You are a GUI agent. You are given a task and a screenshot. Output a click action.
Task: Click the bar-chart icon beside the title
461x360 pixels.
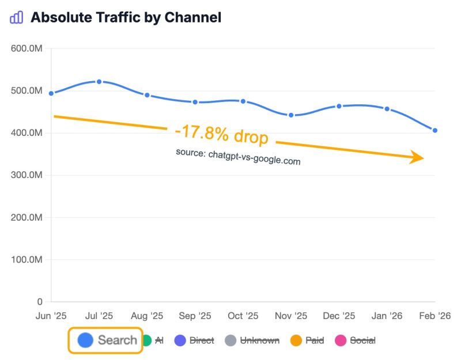pos(17,17)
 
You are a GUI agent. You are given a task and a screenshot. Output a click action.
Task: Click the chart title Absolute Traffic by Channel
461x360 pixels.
pos(126,17)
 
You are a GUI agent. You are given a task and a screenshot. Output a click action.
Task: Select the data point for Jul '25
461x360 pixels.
pos(99,82)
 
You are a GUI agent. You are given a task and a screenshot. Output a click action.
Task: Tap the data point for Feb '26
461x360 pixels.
pos(435,131)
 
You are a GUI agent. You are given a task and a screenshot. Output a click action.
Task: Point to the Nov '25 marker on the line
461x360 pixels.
pos(291,115)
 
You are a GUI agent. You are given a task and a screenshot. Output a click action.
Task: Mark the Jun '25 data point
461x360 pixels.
pos(51,93)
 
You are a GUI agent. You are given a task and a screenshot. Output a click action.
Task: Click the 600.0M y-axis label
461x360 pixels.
pos(27,48)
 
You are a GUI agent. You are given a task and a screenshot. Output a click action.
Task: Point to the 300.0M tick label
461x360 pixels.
pos(27,175)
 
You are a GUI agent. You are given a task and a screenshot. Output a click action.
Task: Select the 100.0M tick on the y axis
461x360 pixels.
pos(27,260)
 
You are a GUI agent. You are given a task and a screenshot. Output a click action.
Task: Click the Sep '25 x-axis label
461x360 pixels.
pos(195,316)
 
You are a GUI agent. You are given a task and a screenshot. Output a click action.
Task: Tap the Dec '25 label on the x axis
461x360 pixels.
pos(339,316)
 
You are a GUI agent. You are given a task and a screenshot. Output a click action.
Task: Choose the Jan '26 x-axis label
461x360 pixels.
pos(386,316)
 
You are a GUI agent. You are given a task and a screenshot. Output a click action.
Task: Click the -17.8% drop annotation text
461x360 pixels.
pos(222,135)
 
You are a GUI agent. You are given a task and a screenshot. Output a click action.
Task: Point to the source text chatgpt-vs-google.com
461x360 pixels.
pos(238,157)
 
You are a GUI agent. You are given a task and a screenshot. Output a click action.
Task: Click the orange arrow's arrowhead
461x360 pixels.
pos(418,158)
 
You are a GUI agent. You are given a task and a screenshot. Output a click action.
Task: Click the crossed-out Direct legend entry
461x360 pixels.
pos(194,340)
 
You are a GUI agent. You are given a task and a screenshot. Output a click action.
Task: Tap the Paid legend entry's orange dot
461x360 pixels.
pos(296,340)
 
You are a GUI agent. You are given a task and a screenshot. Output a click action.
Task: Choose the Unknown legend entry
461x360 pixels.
pos(252,340)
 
